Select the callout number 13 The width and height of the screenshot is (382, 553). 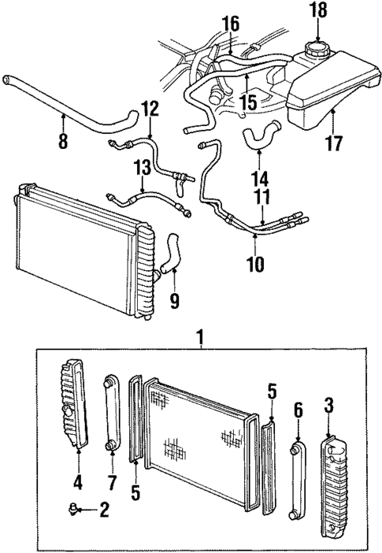pyautogui.click(x=142, y=167)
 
